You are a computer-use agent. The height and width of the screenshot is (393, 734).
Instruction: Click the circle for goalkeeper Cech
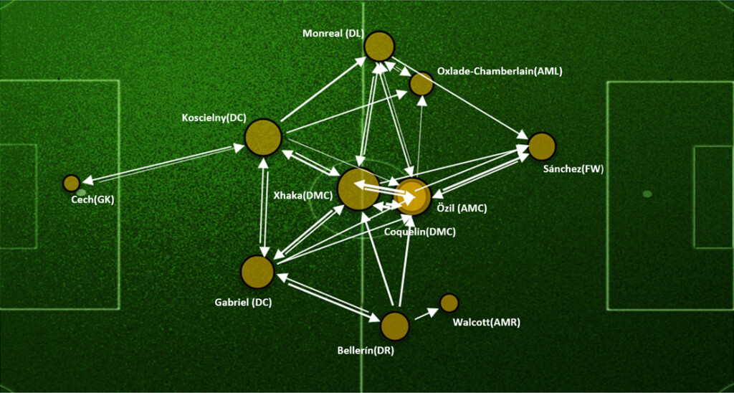point(71,183)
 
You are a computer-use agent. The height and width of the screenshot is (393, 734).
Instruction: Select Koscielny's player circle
point(262,138)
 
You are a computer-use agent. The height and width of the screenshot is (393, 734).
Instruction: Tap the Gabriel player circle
point(257,273)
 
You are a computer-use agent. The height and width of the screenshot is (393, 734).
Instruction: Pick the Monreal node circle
point(379,47)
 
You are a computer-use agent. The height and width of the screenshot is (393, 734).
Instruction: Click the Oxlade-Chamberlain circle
point(421,84)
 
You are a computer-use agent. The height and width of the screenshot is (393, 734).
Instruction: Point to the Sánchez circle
point(542,146)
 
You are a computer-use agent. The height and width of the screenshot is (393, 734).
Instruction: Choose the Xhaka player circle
point(358,189)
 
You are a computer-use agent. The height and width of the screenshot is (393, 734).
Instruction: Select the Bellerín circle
point(394,326)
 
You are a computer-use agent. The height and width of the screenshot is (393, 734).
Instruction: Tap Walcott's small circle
point(449,303)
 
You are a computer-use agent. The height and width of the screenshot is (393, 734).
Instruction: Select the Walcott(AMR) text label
point(487,323)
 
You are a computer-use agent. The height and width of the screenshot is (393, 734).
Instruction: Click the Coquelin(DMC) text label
point(420,232)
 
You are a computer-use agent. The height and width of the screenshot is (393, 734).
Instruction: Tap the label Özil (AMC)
point(462,209)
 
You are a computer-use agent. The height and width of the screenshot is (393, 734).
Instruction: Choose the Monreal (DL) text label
point(333,34)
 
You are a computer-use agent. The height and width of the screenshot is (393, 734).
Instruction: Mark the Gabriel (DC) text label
point(244,303)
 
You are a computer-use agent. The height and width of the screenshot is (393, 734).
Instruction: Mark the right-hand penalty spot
point(647,194)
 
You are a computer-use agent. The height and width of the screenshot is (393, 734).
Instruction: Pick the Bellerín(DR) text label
point(366,351)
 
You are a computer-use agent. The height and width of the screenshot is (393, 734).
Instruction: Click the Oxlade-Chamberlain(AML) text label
point(500,72)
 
